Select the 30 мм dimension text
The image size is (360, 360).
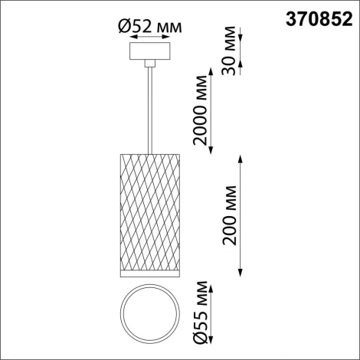pos(226,55)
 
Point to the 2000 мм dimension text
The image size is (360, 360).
pos(200,112)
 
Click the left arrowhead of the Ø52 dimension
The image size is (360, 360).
pos(132,42)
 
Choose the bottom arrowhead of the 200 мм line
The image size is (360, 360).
pos(242,274)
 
